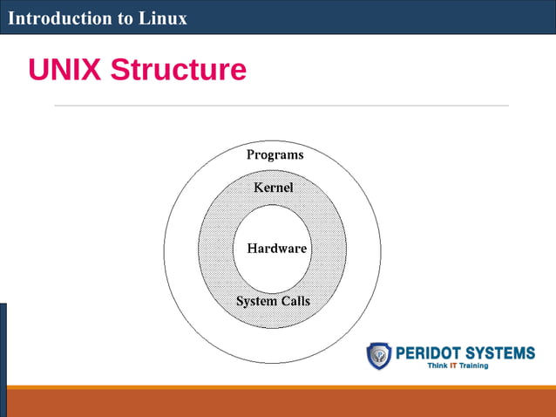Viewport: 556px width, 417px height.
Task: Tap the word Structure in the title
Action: (x=178, y=70)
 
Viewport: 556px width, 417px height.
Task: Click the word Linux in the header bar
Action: (x=163, y=17)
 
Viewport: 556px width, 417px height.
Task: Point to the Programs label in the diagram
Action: (x=275, y=154)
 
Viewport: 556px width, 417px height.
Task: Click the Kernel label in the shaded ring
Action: (x=273, y=188)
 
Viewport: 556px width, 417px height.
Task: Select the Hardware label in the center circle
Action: (x=277, y=249)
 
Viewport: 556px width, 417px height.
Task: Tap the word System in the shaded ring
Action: (x=256, y=301)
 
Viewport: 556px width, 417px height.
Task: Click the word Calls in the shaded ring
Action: (x=295, y=301)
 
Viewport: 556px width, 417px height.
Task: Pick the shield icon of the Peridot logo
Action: (x=379, y=355)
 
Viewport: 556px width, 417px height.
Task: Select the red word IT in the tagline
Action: (x=453, y=366)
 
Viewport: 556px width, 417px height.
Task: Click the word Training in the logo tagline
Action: (x=474, y=366)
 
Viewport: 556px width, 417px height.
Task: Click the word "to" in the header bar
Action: (x=120, y=18)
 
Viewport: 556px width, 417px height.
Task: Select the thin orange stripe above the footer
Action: (x=278, y=387)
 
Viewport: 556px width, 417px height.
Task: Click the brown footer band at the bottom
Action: (x=278, y=403)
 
